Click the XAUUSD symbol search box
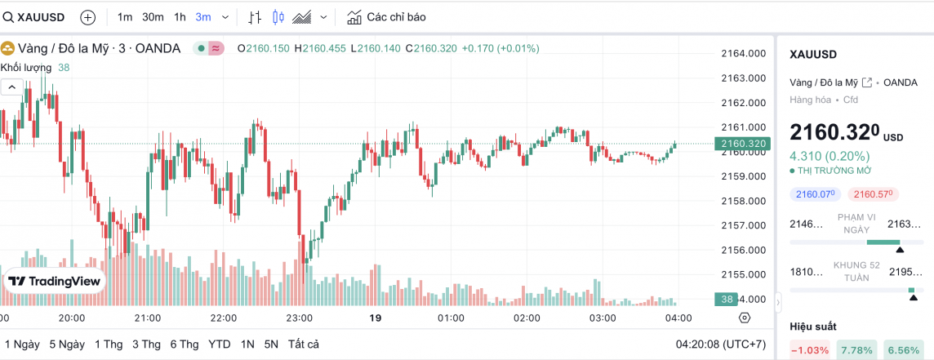pyautogui.click(x=36, y=17)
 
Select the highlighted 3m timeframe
pyautogui.click(x=203, y=17)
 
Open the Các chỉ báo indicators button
pyautogui.click(x=386, y=17)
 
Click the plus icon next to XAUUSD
pyautogui.click(x=88, y=17)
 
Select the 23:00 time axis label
pyautogui.click(x=300, y=318)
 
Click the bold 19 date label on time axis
pyautogui.click(x=376, y=318)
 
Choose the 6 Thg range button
pyautogui.click(x=185, y=344)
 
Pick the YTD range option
pyautogui.click(x=220, y=344)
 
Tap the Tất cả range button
pyautogui.click(x=303, y=344)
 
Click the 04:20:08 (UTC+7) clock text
pyautogui.click(x=719, y=344)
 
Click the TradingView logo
pyautogui.click(x=55, y=281)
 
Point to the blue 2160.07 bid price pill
pyautogui.click(x=814, y=194)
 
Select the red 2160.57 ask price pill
pyautogui.click(x=872, y=194)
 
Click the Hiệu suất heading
pyautogui.click(x=813, y=327)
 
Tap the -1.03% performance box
pyautogui.click(x=810, y=350)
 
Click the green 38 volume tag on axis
pyautogui.click(x=726, y=299)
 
